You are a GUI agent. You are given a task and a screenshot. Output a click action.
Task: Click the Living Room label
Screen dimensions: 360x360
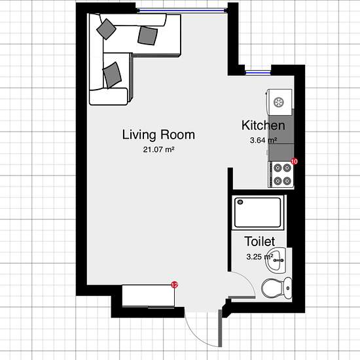tap(158, 135)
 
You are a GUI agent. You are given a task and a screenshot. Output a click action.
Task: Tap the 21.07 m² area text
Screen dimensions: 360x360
tap(158, 150)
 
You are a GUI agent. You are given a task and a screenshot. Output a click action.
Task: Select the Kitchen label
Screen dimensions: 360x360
tap(263, 126)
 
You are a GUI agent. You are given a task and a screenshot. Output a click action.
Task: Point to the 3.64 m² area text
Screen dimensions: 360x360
tap(263, 140)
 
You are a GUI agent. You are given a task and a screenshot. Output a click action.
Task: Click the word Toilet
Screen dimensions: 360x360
tap(260, 242)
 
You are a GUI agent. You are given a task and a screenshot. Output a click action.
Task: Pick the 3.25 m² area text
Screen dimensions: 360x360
tap(260, 257)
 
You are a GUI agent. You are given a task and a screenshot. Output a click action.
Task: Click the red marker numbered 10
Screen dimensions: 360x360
tap(294, 162)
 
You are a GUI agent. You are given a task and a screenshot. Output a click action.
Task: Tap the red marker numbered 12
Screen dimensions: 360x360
tap(175, 285)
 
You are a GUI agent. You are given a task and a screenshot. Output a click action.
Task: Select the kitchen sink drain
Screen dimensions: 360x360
tap(279, 102)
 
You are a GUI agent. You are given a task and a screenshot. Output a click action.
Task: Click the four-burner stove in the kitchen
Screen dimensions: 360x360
tap(281, 175)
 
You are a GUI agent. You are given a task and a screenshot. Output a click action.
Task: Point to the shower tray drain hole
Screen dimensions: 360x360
tap(240, 202)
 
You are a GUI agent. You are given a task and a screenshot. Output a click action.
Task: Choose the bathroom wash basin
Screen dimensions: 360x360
tap(276, 260)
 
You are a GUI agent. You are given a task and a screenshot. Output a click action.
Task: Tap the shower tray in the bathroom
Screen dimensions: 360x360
tap(258, 212)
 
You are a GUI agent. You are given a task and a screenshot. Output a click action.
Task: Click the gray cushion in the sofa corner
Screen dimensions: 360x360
tap(106, 29)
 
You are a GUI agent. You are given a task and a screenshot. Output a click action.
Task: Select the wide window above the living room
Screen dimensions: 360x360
tap(182, 10)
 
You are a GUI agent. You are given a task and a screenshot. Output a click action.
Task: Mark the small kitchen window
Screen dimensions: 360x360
tap(258, 73)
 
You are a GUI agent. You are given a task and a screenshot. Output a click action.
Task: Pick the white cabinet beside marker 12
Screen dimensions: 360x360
tap(149, 296)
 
